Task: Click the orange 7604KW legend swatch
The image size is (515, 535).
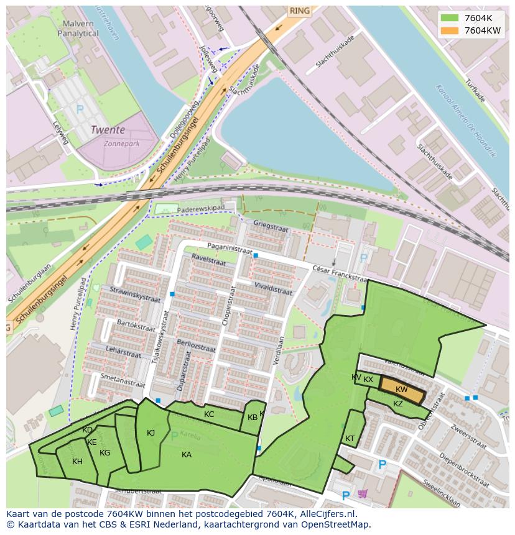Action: (x=450, y=30)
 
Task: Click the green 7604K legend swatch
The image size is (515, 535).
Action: (x=450, y=18)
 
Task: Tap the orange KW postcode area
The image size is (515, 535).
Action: (x=402, y=390)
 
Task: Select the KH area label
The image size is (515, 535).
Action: (x=77, y=462)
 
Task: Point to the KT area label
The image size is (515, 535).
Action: (x=350, y=439)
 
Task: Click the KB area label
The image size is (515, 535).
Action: (x=253, y=418)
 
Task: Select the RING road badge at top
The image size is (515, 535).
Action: (x=299, y=11)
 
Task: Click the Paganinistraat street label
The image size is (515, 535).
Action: (x=230, y=249)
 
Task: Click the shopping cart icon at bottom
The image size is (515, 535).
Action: (x=363, y=493)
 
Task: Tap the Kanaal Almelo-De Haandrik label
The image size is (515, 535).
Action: (x=465, y=121)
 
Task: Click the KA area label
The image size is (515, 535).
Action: (x=187, y=455)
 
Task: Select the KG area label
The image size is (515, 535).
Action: (x=104, y=453)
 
